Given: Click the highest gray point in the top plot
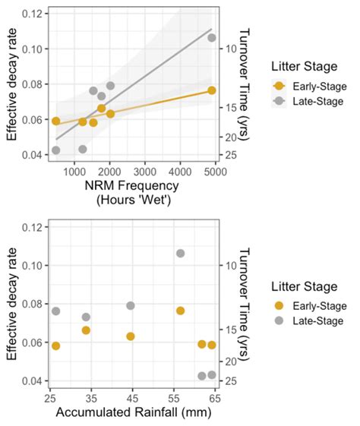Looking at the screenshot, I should pyautogui.click(x=212, y=38).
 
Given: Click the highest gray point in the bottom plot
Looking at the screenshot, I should pyautogui.click(x=180, y=254).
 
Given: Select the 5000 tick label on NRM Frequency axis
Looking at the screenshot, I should pyautogui.click(x=215, y=172).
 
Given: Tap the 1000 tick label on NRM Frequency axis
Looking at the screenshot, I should pyautogui.click(x=74, y=172).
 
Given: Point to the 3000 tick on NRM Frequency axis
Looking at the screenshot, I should pyautogui.click(x=145, y=172).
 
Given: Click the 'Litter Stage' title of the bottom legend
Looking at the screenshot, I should pyautogui.click(x=304, y=287).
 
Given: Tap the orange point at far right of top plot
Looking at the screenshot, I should pyautogui.click(x=212, y=90).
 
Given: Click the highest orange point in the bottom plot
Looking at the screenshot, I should pyautogui.click(x=180, y=311).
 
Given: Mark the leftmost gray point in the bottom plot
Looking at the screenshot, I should pyautogui.click(x=55, y=311).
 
